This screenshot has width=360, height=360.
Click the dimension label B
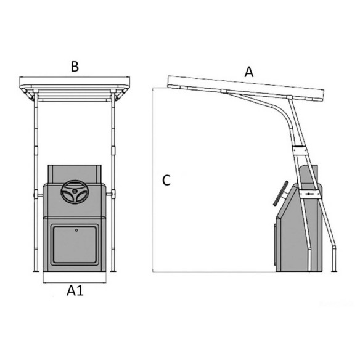pyautogui.click(x=75, y=67)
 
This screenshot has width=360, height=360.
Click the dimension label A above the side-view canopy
pyautogui.click(x=249, y=72)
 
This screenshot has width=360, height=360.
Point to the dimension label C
pyautogui.click(x=166, y=181)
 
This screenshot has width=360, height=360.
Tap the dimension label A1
pyautogui.click(x=75, y=290)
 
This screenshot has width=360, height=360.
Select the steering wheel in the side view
pyautogui.click(x=280, y=194)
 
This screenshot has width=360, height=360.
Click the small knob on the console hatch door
pyautogui.click(x=76, y=230)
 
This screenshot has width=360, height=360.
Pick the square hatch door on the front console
pyautogui.click(x=75, y=244)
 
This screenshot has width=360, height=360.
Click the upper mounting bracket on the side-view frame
pyautogui.click(x=299, y=150)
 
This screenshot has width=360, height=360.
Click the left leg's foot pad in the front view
pyautogui.click(x=36, y=272)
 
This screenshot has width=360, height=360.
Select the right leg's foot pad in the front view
pyautogui.click(x=113, y=272)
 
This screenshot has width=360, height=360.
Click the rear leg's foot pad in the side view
pyautogui.click(x=334, y=272)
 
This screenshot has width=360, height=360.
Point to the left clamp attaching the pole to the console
pyautogui.click(x=38, y=195)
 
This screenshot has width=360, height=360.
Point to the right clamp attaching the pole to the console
pyautogui.click(x=111, y=194)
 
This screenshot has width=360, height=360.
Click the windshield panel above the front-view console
pyautogui.click(x=75, y=174)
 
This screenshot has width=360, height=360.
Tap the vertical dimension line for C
pyautogui.click(x=153, y=180)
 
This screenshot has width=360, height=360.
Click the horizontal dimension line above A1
pyautogui.click(x=75, y=282)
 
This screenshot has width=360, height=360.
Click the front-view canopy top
pyautogui.click(x=75, y=81)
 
